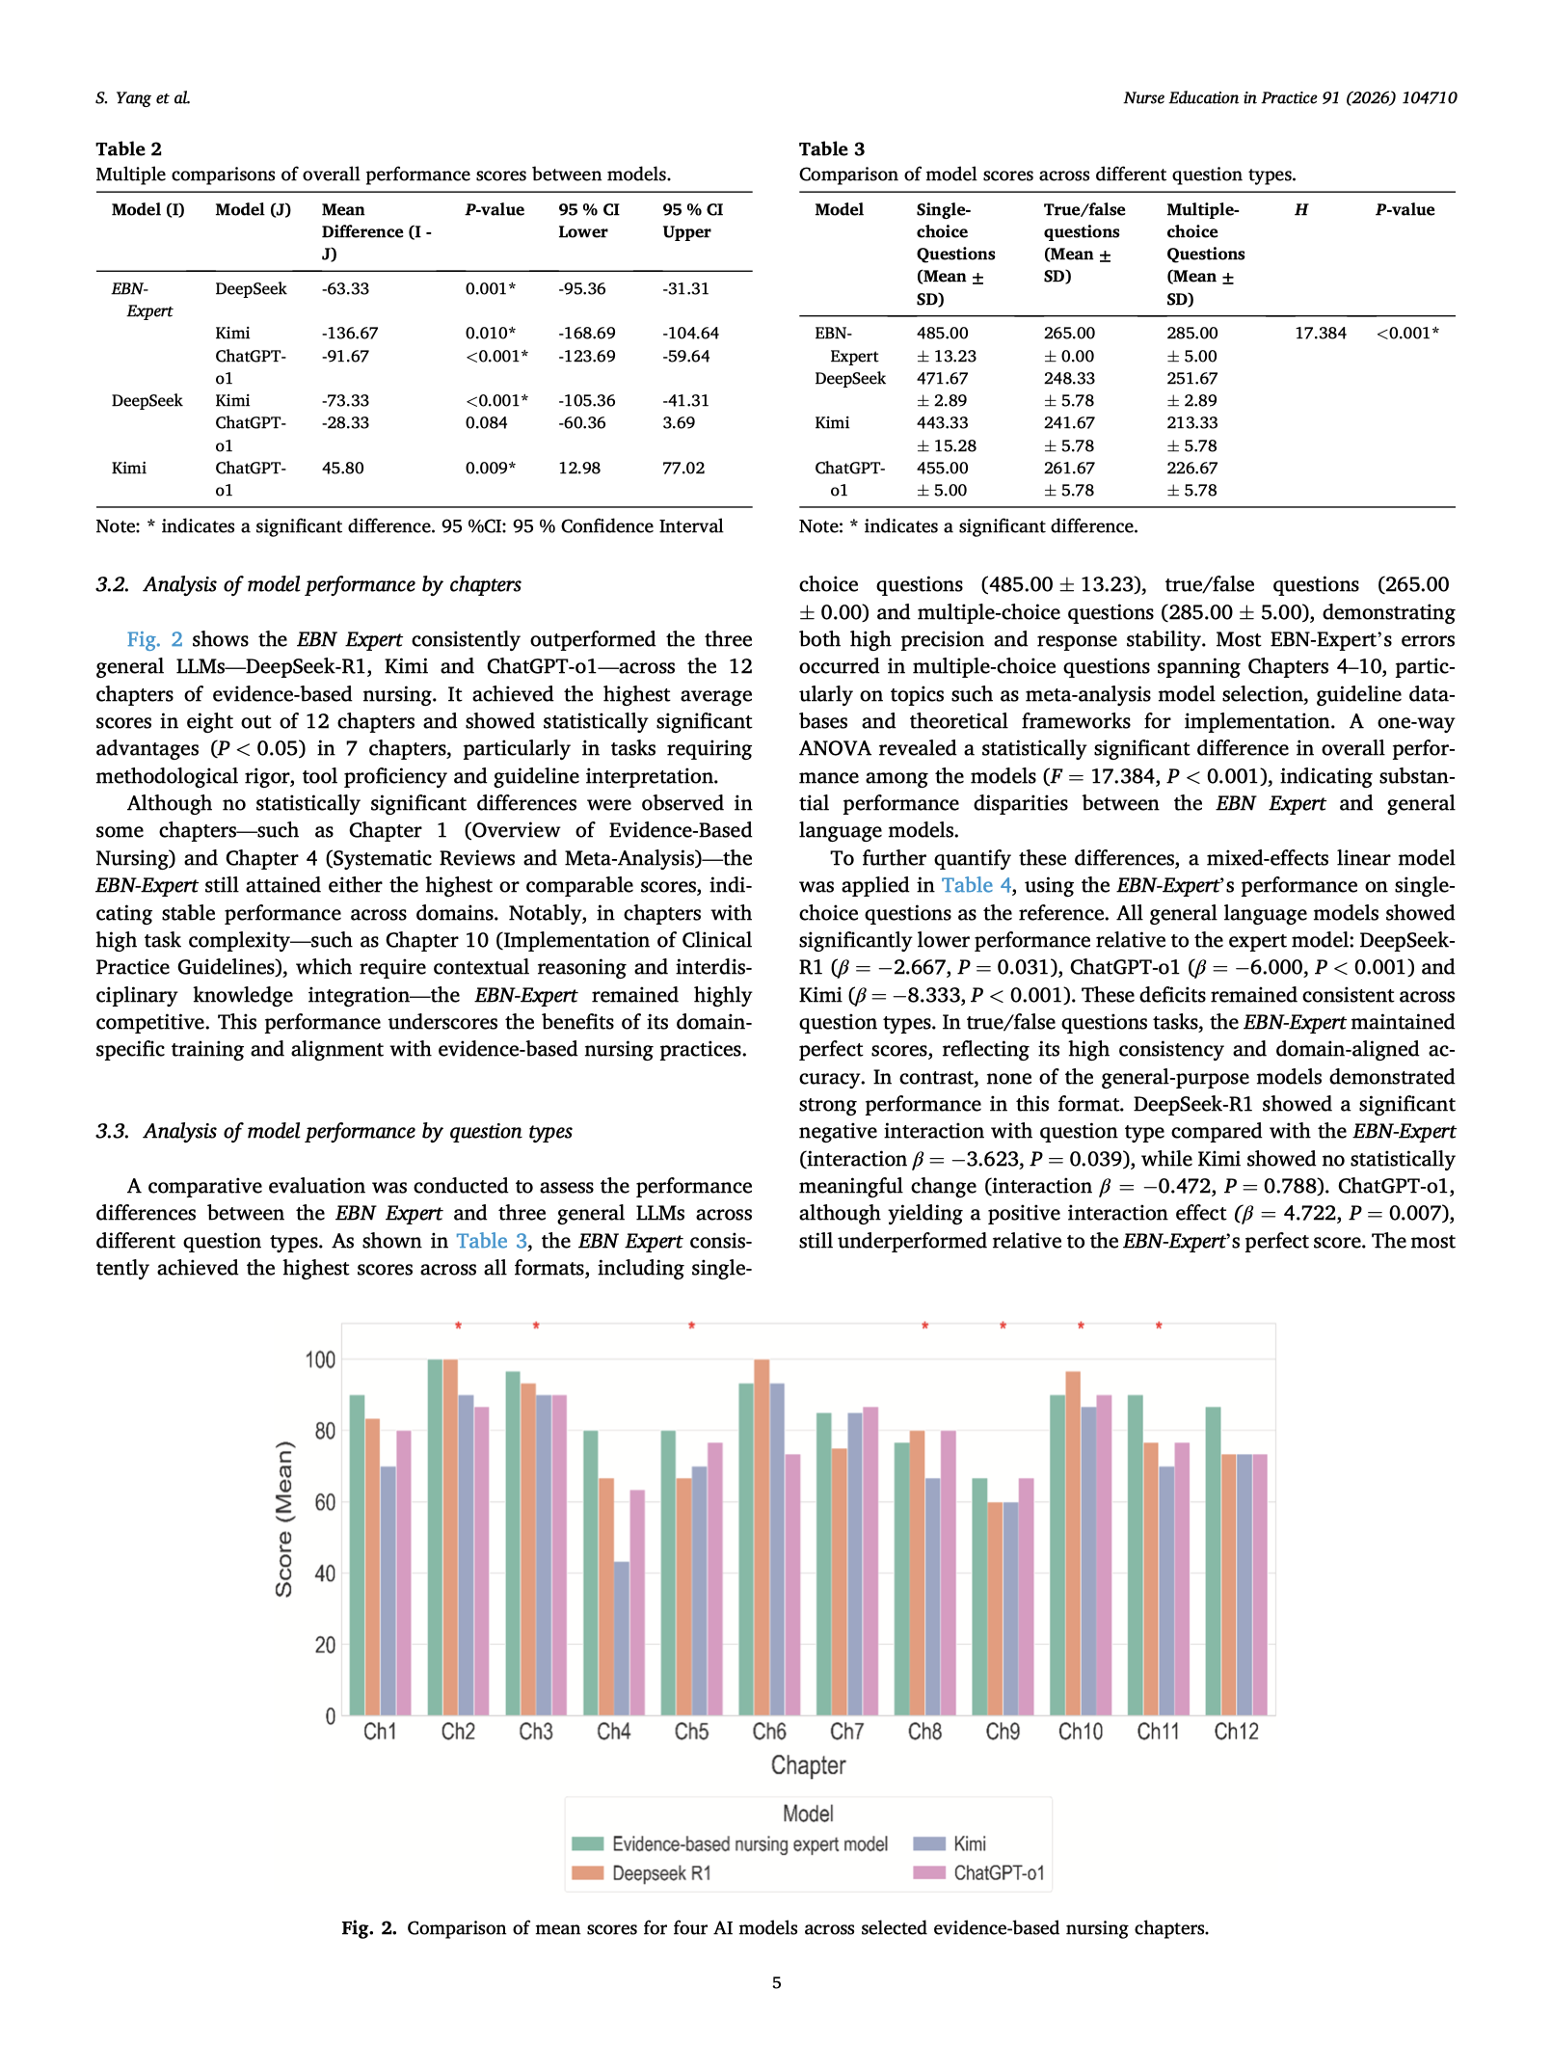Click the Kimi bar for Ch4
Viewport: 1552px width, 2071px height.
point(621,1638)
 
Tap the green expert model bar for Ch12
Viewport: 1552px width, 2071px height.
point(1213,1561)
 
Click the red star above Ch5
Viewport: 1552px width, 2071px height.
point(691,1327)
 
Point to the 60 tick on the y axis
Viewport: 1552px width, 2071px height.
point(324,1502)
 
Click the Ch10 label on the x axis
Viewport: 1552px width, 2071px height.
point(1080,1732)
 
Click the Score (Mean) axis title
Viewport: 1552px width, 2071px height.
point(283,1519)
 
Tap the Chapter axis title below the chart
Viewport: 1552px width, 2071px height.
point(808,1765)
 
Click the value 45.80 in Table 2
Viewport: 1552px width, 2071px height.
point(342,468)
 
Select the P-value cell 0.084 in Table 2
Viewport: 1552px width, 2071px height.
point(486,422)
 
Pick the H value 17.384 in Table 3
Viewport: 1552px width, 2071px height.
point(1320,333)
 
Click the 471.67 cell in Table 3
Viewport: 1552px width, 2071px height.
point(942,378)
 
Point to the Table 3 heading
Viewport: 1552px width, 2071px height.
point(831,148)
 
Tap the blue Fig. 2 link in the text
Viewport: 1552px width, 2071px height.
point(154,639)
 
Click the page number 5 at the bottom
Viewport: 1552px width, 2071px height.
point(776,1982)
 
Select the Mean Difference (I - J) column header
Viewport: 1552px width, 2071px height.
point(375,231)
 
